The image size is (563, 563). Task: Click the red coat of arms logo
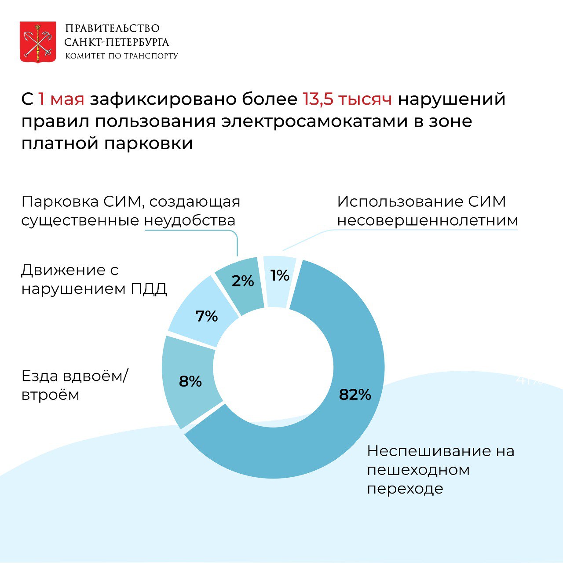tap(38, 42)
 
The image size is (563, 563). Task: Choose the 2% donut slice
tap(242, 281)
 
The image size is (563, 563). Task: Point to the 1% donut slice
tap(280, 276)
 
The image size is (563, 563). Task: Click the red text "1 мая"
tap(61, 99)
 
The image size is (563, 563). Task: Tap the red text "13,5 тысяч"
tap(347, 99)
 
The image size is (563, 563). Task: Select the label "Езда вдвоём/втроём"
tap(74, 385)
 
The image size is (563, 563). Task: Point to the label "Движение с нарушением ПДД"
tap(94, 279)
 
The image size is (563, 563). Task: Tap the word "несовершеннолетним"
tap(427, 220)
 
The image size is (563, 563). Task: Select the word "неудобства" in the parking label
tap(190, 220)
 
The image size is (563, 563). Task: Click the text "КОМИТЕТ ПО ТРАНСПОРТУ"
tap(121, 56)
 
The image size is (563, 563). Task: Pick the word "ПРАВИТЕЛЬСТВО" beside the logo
tap(112, 29)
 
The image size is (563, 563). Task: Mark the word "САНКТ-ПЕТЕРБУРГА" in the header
tap(117, 42)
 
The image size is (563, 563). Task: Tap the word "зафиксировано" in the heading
tap(194, 99)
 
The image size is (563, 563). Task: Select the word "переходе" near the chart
tap(405, 489)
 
